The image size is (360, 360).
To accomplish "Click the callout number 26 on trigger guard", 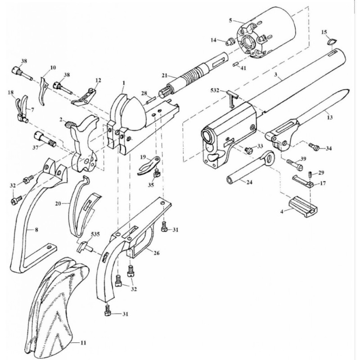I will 157,253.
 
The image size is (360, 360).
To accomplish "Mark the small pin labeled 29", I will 310,174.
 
